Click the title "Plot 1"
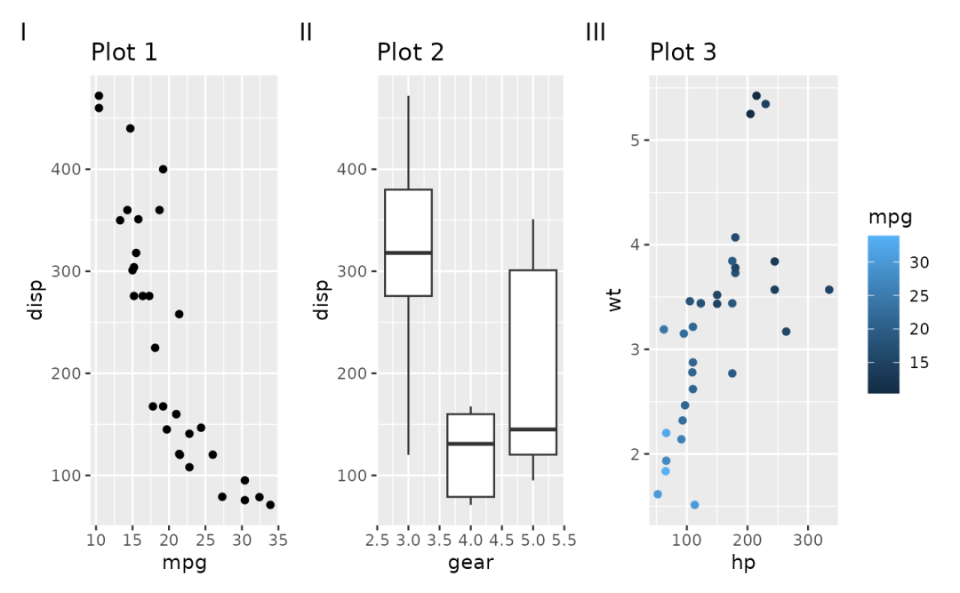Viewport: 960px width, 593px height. (124, 52)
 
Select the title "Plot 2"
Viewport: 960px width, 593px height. (411, 52)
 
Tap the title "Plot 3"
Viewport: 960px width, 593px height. (683, 52)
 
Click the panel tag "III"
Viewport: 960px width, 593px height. (596, 33)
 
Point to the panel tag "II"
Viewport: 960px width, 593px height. (306, 33)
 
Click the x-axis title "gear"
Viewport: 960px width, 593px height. (470, 562)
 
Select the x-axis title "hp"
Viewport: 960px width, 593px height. (743, 562)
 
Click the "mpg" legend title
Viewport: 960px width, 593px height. (890, 217)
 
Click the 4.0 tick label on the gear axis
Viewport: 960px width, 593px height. (470, 540)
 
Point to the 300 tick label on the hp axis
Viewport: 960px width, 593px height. (807, 540)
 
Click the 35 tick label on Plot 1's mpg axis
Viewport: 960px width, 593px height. (277, 540)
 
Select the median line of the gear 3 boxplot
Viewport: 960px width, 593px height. (408, 253)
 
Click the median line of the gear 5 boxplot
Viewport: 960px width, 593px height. (532, 429)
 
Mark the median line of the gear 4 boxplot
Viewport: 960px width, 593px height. (470, 444)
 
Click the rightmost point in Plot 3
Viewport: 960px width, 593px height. (828, 290)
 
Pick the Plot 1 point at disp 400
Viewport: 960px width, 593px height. (163, 169)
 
